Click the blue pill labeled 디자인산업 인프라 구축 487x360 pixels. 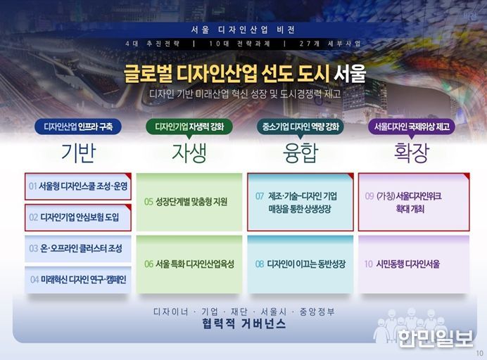(x=78, y=127)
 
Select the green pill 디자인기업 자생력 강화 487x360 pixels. (x=189, y=127)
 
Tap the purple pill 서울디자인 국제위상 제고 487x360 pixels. (x=412, y=127)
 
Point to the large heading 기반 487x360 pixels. (x=78, y=153)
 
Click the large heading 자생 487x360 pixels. (x=189, y=153)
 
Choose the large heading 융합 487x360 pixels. (x=301, y=153)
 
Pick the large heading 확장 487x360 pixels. (x=412, y=153)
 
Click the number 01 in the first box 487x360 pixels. (x=32, y=186)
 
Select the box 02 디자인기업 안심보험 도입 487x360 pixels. (x=78, y=217)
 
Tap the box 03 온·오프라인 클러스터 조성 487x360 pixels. (x=78, y=249)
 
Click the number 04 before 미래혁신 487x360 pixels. (x=34, y=280)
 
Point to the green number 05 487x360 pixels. (x=148, y=202)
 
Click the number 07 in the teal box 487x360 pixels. (x=260, y=196)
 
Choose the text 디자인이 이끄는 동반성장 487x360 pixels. (x=306, y=264)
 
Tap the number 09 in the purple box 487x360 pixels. (x=369, y=196)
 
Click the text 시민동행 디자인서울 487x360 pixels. (x=408, y=264)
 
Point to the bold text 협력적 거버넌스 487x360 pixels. (x=243, y=323)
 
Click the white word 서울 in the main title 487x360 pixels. (x=350, y=74)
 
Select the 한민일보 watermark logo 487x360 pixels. (x=435, y=338)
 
